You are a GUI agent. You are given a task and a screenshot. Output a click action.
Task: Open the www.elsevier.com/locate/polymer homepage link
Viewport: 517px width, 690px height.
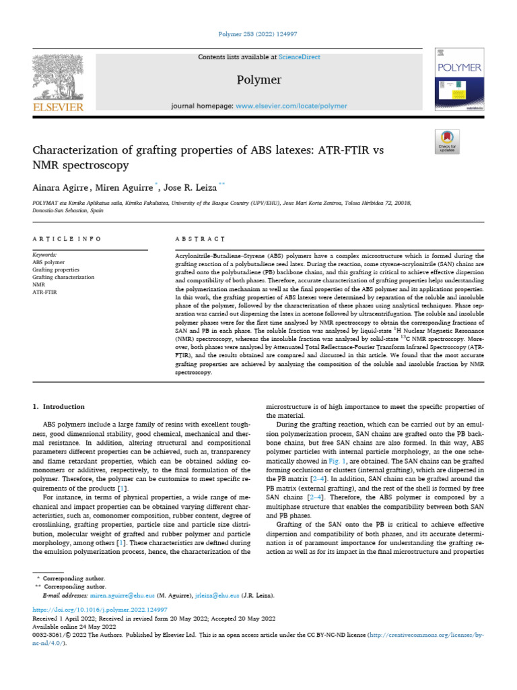pyautogui.click(x=291, y=106)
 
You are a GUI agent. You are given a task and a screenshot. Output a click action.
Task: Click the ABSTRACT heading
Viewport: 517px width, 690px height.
pyautogui.click(x=199, y=239)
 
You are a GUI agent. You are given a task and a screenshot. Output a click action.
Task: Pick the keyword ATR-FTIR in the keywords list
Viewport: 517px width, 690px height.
pyautogui.click(x=45, y=292)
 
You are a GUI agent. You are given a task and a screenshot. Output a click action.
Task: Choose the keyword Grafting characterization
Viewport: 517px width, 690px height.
pyautogui.click(x=63, y=277)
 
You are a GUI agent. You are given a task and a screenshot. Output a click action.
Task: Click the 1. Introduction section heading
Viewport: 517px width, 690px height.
pyautogui.click(x=59, y=406)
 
